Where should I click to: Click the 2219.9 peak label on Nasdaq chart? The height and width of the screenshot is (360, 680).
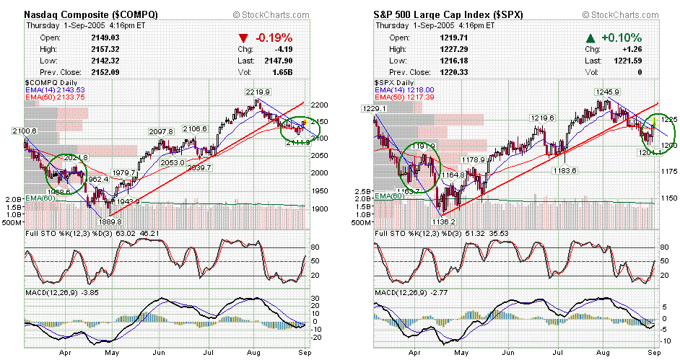[x=258, y=92]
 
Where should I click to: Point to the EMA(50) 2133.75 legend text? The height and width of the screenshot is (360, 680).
[x=55, y=97]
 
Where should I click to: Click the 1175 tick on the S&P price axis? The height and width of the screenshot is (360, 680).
[x=668, y=172]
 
